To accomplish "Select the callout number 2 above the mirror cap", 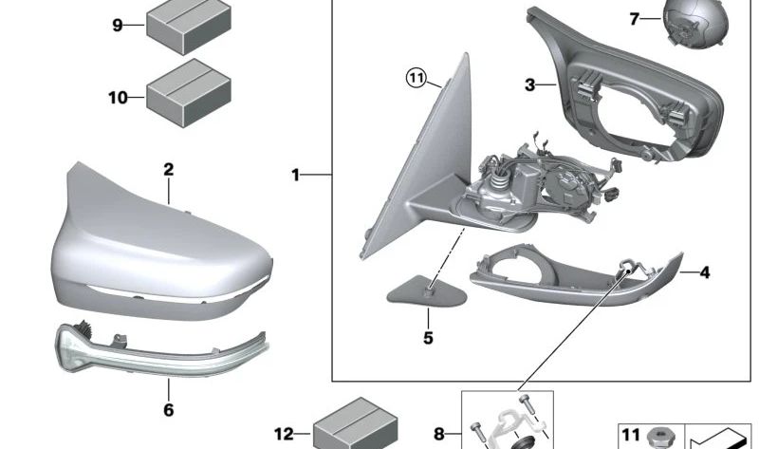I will coord(168,170).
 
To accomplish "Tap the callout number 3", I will coord(530,85).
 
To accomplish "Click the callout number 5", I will coord(427,337).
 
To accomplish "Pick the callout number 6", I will coord(168,410).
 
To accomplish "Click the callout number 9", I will coord(118,26).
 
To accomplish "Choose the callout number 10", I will coord(118,96).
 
